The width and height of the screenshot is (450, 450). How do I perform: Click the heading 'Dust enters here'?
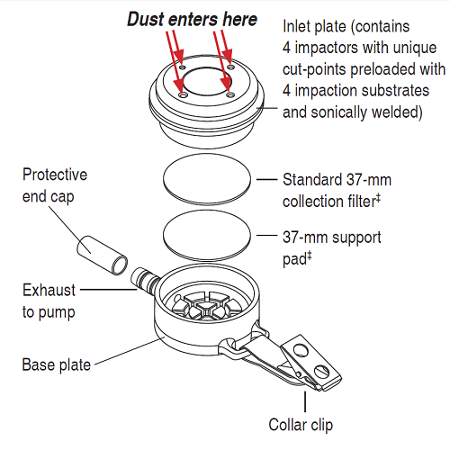(193, 20)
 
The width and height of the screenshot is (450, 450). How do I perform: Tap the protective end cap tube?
(102, 256)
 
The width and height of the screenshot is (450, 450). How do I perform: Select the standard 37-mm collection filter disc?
(207, 179)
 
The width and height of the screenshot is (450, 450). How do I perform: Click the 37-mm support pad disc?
(207, 235)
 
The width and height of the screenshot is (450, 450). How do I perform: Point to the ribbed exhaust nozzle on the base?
(145, 280)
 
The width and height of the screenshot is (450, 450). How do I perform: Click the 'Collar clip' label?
(301, 425)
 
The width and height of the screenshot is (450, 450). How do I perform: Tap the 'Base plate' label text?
(57, 364)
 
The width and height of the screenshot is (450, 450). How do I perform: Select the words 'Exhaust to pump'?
(49, 301)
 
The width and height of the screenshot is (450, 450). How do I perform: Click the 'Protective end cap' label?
(55, 185)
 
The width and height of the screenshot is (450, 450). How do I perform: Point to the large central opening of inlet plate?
(207, 80)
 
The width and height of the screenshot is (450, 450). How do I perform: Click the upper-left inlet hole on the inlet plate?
(183, 67)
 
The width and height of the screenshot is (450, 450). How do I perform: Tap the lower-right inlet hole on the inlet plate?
(230, 95)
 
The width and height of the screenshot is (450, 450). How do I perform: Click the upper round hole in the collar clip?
(301, 350)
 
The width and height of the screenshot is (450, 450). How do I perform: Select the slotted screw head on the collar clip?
(322, 372)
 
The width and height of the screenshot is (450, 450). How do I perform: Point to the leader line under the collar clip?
(305, 401)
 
